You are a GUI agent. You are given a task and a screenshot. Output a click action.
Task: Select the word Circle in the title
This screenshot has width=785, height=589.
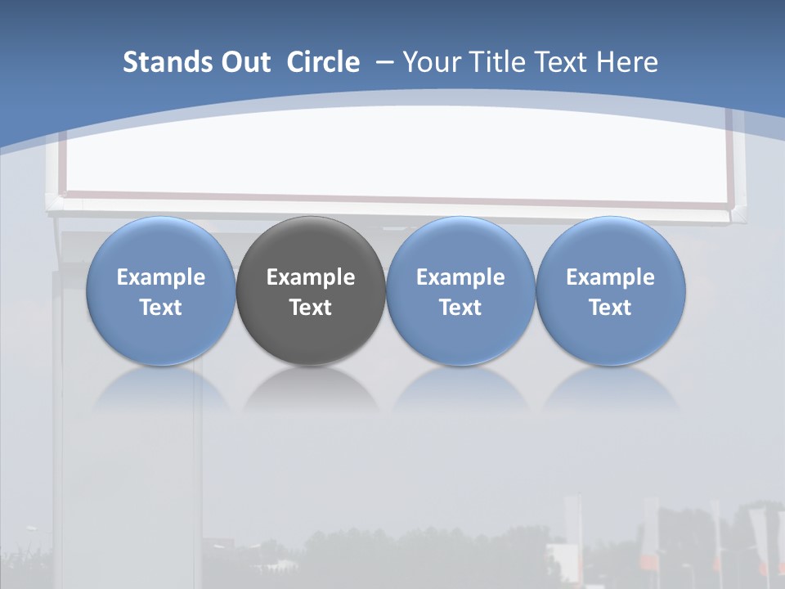click(x=323, y=62)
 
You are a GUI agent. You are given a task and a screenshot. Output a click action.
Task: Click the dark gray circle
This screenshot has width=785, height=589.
click(x=311, y=245)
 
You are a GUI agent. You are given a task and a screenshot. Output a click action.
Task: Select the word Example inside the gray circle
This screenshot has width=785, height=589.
click(x=311, y=277)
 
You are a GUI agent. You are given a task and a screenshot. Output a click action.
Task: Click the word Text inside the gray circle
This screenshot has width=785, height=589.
click(x=311, y=308)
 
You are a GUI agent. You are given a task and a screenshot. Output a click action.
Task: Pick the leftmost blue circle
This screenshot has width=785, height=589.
click(x=160, y=245)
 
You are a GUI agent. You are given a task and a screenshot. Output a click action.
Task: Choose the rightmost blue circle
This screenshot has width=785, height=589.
click(x=611, y=245)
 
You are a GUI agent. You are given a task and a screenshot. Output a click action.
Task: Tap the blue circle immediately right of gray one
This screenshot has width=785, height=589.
click(x=460, y=245)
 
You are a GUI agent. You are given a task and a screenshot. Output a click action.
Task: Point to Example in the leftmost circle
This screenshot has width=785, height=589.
click(x=160, y=277)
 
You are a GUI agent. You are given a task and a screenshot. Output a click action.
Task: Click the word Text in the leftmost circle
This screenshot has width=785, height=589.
click(x=160, y=308)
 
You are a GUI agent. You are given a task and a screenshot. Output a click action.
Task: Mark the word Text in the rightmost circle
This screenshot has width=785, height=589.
click(x=611, y=308)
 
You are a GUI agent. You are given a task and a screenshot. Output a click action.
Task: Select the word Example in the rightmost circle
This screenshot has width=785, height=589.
click(x=611, y=277)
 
